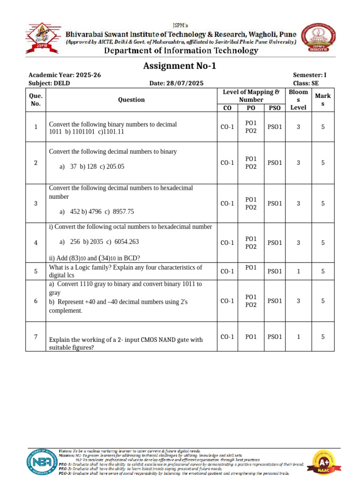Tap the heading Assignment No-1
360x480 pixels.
pos(180,66)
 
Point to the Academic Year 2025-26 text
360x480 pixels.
pos(65,75)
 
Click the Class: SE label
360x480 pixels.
pos(306,83)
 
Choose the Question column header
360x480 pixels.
pos(131,99)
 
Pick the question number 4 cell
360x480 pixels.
pos(36,243)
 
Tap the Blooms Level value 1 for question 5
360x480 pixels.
pos(298,271)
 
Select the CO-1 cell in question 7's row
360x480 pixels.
pos(227,336)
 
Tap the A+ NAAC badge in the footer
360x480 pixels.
pos(327,462)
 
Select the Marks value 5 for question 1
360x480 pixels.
pos(323,127)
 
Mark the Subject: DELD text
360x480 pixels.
pos(49,83)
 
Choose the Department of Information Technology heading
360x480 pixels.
pos(181,51)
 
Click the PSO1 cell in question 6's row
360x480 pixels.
pos(275,301)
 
